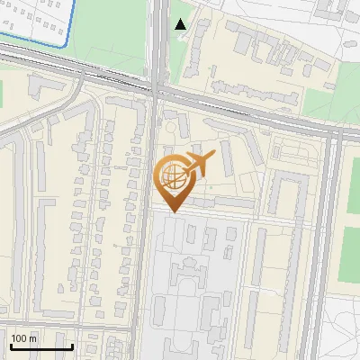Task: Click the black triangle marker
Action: pos(181,24)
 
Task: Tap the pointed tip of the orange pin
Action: pos(173,211)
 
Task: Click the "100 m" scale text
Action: pos(24,339)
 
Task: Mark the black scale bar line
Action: pos(40,346)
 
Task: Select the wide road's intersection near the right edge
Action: pos(334,132)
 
